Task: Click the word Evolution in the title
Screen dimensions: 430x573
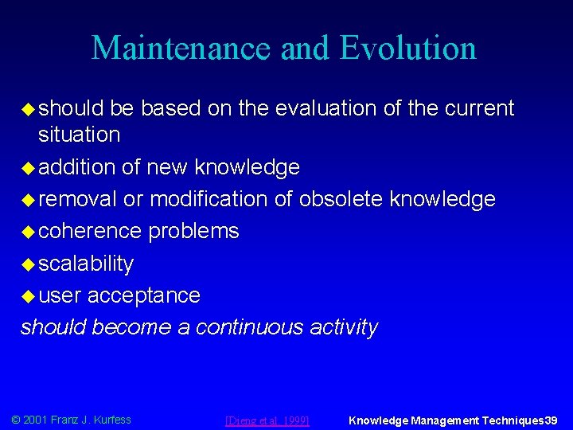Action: pos(407,48)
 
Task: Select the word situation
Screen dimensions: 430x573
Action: pos(80,135)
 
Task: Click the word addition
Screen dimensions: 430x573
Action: pos(77,167)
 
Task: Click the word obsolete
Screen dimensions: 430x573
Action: pos(341,199)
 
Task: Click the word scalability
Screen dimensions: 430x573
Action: pos(86,264)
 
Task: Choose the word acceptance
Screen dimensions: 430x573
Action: pos(143,295)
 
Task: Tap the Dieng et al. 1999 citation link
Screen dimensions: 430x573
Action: pos(267,420)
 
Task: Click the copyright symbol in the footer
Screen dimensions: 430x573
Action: pos(15,420)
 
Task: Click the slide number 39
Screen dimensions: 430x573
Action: pos(551,420)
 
